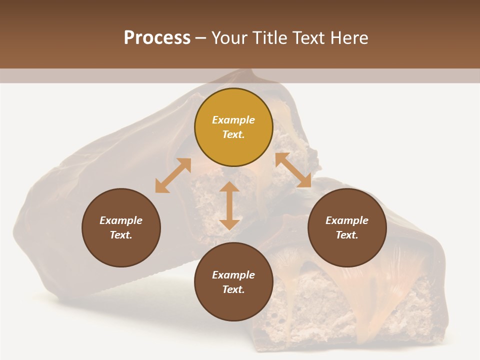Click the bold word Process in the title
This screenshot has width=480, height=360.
pyautogui.click(x=157, y=38)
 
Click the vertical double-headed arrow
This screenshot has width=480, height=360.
pyautogui.click(x=229, y=205)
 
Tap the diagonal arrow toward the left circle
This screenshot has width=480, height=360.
pyautogui.click(x=173, y=175)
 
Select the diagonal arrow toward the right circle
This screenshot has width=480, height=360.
pyautogui.click(x=293, y=170)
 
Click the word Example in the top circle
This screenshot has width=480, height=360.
pyautogui.click(x=233, y=120)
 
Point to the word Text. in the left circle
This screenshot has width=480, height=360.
pyautogui.click(x=121, y=235)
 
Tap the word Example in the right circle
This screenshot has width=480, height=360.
pyautogui.click(x=347, y=220)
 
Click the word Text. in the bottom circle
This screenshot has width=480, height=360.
pyautogui.click(x=233, y=289)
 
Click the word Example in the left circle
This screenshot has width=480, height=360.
pyautogui.click(x=121, y=220)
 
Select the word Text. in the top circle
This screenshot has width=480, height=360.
pyautogui.click(x=233, y=134)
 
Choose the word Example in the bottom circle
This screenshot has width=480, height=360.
pyautogui.click(x=233, y=275)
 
